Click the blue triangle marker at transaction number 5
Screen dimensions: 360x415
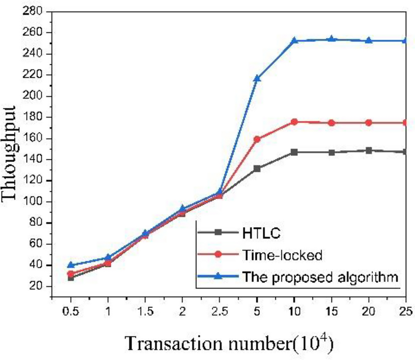pos(257,79)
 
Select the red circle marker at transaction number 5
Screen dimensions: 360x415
pos(257,139)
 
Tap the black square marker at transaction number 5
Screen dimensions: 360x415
pos(257,169)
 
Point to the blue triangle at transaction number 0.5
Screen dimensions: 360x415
pos(71,265)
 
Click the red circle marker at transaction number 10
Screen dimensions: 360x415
pos(294,122)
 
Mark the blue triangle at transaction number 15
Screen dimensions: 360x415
pos(331,39)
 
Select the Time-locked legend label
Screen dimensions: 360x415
pos(282,254)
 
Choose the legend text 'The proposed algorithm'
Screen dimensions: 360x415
pos(320,276)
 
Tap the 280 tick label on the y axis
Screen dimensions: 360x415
pos(34,12)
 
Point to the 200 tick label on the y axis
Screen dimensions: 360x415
pos(34,96)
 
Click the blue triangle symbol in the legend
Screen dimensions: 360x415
pos(218,276)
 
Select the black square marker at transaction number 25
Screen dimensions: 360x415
pos(405,152)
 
